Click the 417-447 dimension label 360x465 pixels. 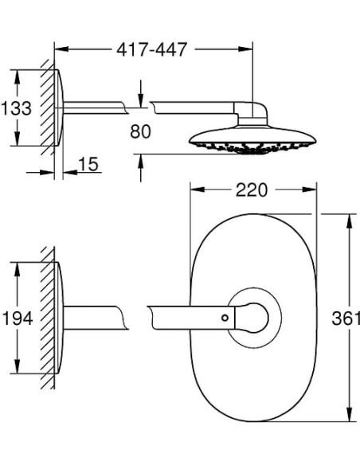(152, 49)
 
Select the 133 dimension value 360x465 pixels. (16, 108)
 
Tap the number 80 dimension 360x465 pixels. (140, 131)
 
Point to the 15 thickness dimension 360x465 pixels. (88, 164)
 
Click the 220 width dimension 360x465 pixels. (252, 190)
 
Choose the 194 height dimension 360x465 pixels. (18, 318)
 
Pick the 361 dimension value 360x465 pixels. (346, 318)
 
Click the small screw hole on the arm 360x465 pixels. (225, 318)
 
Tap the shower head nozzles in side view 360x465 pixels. (252, 147)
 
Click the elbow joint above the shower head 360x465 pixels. (251, 113)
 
